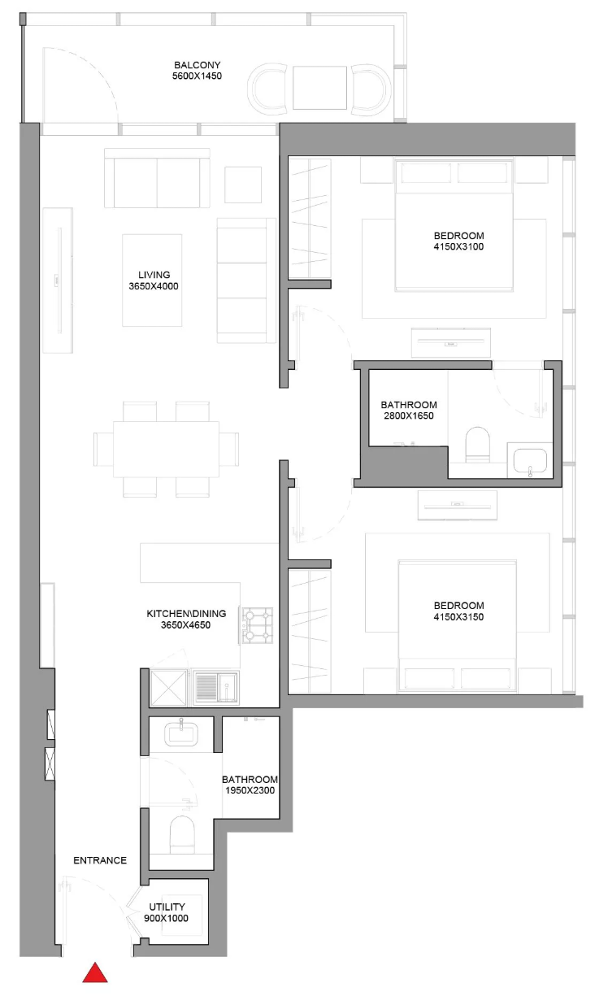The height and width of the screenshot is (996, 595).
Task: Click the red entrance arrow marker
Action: pos(94,973)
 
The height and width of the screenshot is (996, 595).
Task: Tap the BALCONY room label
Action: pos(198,65)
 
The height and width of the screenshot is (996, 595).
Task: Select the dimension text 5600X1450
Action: pos(197,76)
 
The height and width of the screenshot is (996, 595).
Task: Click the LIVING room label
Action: pos(154,275)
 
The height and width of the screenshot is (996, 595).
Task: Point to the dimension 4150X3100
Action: pos(458,247)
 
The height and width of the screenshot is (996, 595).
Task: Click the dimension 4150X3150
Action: pos(458,617)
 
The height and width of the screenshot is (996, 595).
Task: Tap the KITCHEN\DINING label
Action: pos(186,614)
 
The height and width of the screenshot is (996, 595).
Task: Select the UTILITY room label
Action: pos(167,907)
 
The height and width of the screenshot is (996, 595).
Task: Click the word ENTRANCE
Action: pos(100,860)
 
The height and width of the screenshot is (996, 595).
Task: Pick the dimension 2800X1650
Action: pos(409,415)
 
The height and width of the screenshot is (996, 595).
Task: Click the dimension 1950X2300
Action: pos(250,790)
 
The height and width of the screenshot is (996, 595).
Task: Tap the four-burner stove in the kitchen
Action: pos(258,625)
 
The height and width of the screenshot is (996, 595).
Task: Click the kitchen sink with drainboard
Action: pos(216,687)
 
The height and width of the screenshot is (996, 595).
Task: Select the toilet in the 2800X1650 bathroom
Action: pos(477,445)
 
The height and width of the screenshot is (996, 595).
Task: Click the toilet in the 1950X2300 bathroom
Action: pos(182,834)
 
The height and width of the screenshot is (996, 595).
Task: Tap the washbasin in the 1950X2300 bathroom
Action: pos(180,733)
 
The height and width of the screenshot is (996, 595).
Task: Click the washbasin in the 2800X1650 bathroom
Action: pos(530,461)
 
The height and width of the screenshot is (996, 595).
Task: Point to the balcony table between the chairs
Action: pos(320,88)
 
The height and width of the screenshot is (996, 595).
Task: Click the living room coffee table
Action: pos(152,281)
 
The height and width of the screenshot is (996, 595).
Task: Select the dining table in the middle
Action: pos(166,449)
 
